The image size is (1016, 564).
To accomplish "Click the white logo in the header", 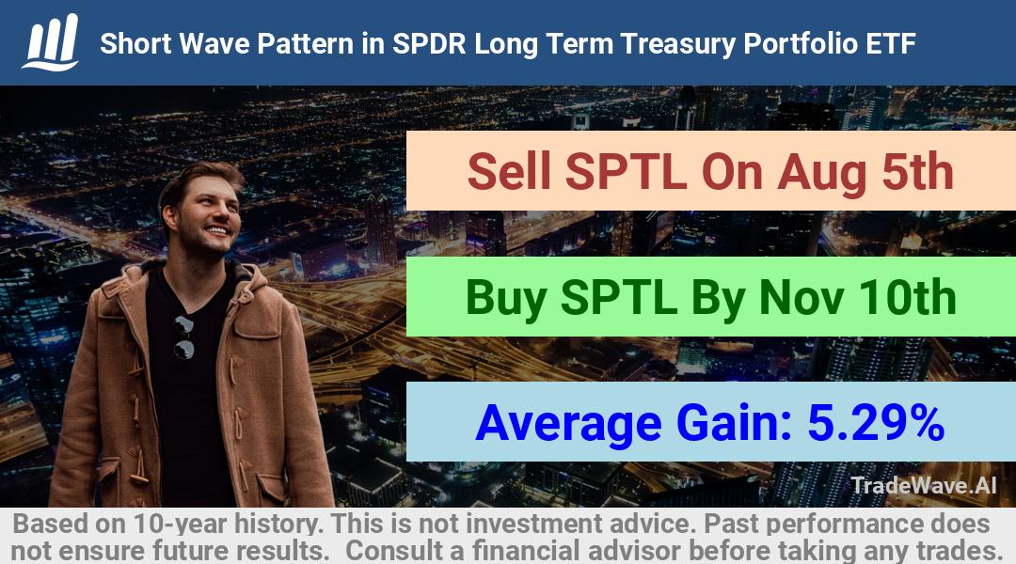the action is coord(51,42).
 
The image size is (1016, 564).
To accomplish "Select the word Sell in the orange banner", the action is coord(509,171).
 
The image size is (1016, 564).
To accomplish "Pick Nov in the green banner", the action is coord(801,297).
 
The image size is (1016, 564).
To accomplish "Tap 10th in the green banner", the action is coord(907,297).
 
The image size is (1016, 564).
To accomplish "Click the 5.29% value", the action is coord(876,423).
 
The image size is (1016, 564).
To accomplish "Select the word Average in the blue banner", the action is coord(568,424).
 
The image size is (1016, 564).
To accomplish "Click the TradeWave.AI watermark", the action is coord(923,486).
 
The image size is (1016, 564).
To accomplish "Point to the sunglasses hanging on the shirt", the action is coord(184,337).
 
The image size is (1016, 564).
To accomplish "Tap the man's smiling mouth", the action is coord(215,230).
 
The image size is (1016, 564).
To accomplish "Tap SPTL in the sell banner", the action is coord(626,171).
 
